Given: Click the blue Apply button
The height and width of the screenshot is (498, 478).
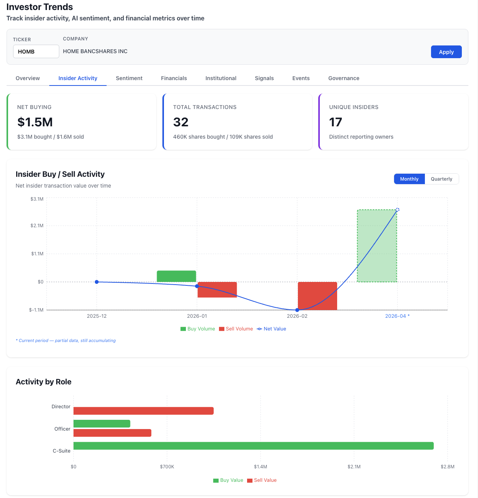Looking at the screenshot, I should pos(446,52).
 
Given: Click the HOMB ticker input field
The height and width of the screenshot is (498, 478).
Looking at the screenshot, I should pos(36,52).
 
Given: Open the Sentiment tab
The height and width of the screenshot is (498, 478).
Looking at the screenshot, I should pos(129,78).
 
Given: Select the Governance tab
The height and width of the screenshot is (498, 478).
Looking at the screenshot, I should pos(343,78).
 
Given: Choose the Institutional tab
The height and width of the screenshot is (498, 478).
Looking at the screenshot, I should pos(221,78).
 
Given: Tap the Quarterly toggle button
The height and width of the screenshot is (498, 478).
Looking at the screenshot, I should pos(441,179).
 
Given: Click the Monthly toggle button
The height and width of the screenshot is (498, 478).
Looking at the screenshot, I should pos(409,179).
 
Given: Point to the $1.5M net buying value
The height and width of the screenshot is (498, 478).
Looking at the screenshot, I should pos(35,122).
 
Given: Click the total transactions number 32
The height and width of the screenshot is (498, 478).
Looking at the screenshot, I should pos(181,122).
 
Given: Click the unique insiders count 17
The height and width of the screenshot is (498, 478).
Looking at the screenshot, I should pos(336,122).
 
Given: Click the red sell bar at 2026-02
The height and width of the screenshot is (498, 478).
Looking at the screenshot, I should pos(318,296).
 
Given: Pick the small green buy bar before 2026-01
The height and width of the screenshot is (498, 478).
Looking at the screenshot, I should pos(176,276).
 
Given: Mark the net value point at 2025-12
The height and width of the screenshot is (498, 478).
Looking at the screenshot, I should pos(97,282).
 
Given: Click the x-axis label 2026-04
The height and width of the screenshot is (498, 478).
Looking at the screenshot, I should pos(396,316).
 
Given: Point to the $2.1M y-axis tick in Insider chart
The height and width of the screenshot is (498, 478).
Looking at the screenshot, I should pos(37,226).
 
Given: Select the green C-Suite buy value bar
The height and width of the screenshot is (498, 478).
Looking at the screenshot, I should pos(253,446).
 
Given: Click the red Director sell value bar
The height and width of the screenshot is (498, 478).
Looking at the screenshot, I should pos(143,411).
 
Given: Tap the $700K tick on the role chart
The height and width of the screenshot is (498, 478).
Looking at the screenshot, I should pos(167,467).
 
